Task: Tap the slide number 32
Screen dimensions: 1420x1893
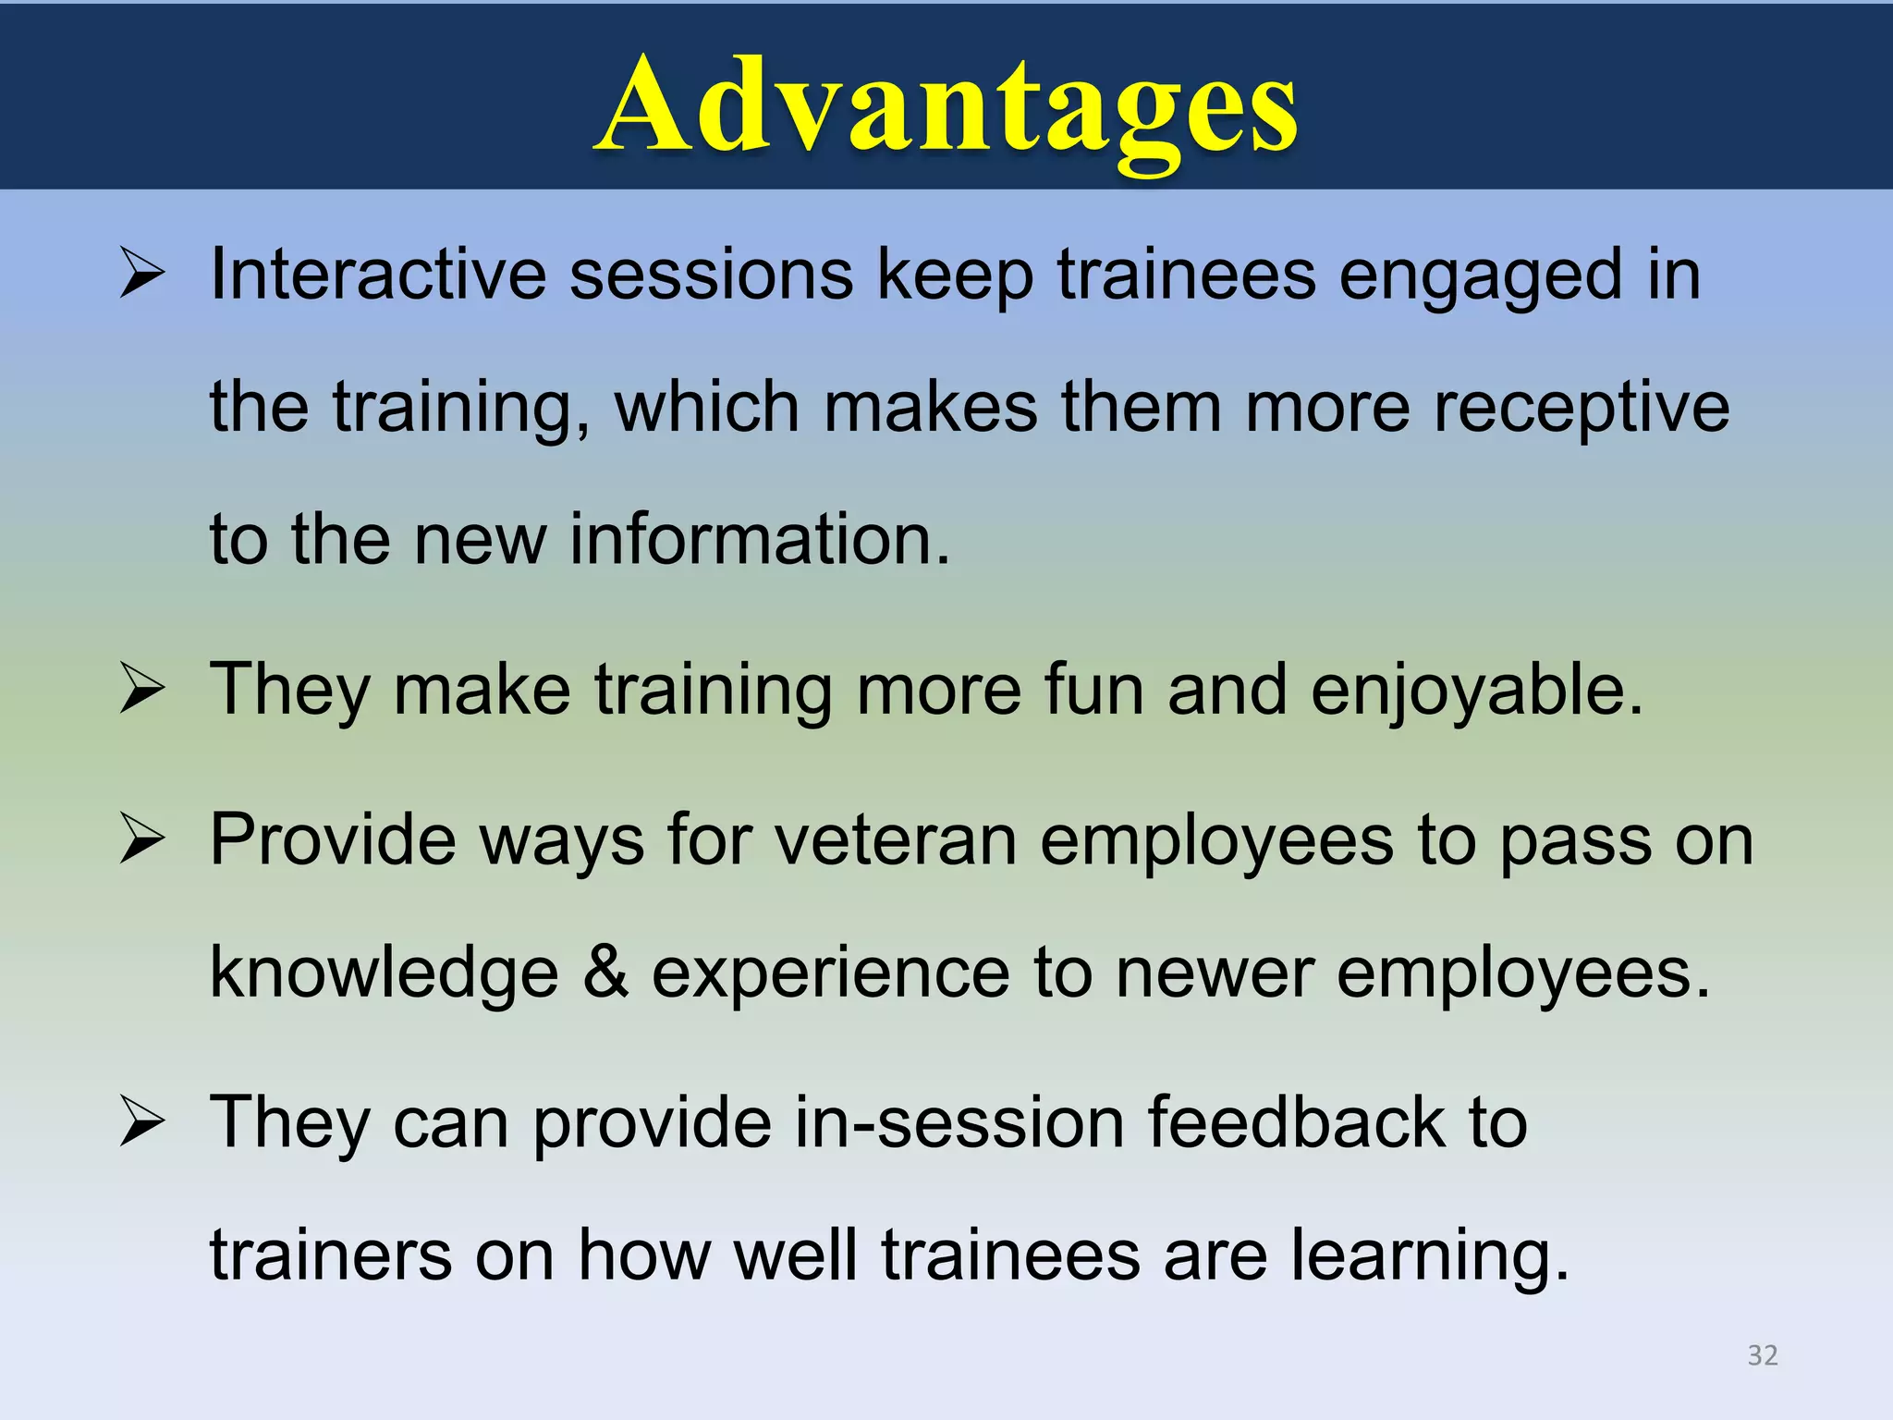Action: tap(1762, 1355)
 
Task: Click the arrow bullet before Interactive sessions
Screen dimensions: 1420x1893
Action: tap(142, 275)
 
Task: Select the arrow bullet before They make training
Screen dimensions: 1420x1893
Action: tap(142, 691)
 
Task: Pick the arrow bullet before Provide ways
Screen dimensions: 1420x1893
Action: tap(142, 840)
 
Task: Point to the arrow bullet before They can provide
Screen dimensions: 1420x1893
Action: tap(142, 1123)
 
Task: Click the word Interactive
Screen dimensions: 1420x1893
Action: tap(378, 275)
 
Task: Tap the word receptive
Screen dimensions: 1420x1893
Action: tap(1582, 409)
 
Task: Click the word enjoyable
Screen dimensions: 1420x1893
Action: tap(1477, 691)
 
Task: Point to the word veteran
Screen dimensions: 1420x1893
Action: tap(895, 840)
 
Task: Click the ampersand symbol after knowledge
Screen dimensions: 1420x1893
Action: tap(605, 973)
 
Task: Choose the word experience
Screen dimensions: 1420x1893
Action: tap(831, 973)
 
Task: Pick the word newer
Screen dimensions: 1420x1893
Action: tap(1215, 973)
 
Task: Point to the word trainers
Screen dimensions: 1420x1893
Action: tap(331, 1257)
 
